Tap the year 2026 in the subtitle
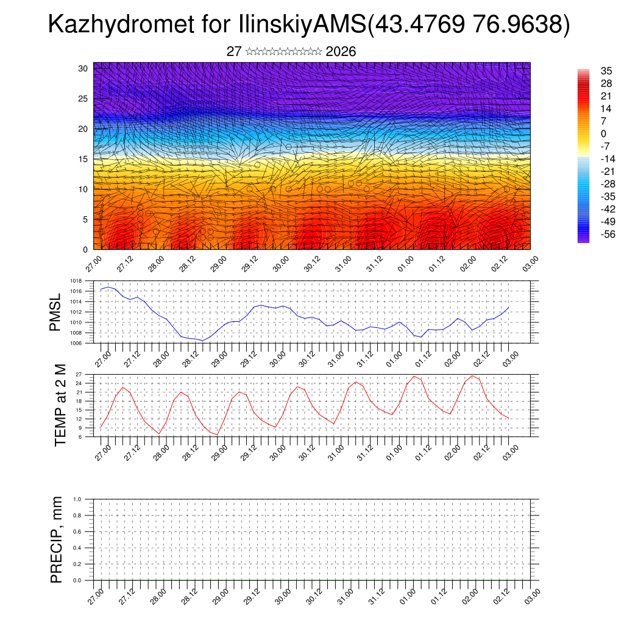coord(341,52)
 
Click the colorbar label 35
coord(606,71)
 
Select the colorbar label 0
coord(603,134)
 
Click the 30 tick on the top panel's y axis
coord(83,68)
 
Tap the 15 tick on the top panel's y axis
coord(83,159)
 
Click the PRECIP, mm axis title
coord(57,539)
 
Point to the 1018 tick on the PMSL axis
coord(76,281)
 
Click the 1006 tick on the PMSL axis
coord(76,343)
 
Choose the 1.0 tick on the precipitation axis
coord(77,499)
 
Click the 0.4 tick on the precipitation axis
coord(77,548)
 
